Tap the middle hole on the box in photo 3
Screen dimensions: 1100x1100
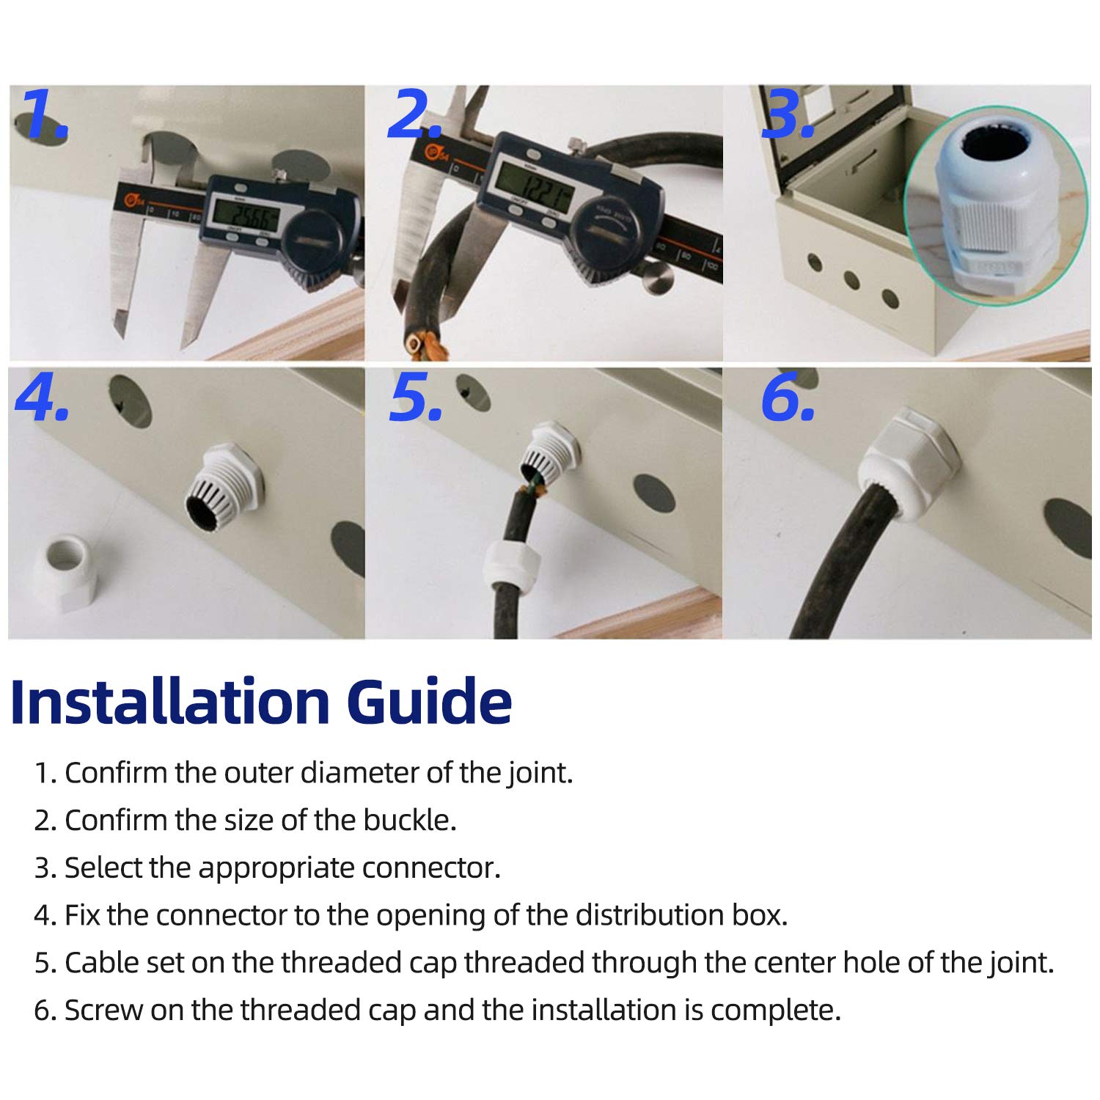851,279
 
